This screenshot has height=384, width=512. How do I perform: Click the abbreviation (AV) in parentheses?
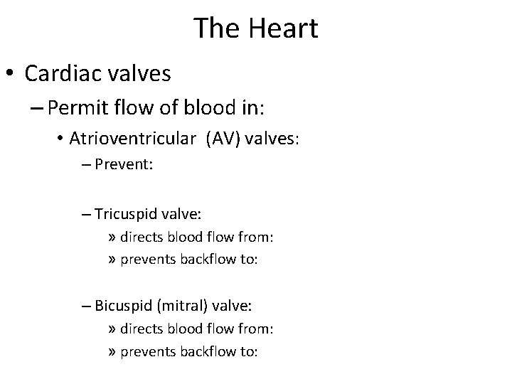pos(223,139)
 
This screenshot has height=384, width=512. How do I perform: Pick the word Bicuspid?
pos(120,305)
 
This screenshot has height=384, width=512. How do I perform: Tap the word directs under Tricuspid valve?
pos(142,237)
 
